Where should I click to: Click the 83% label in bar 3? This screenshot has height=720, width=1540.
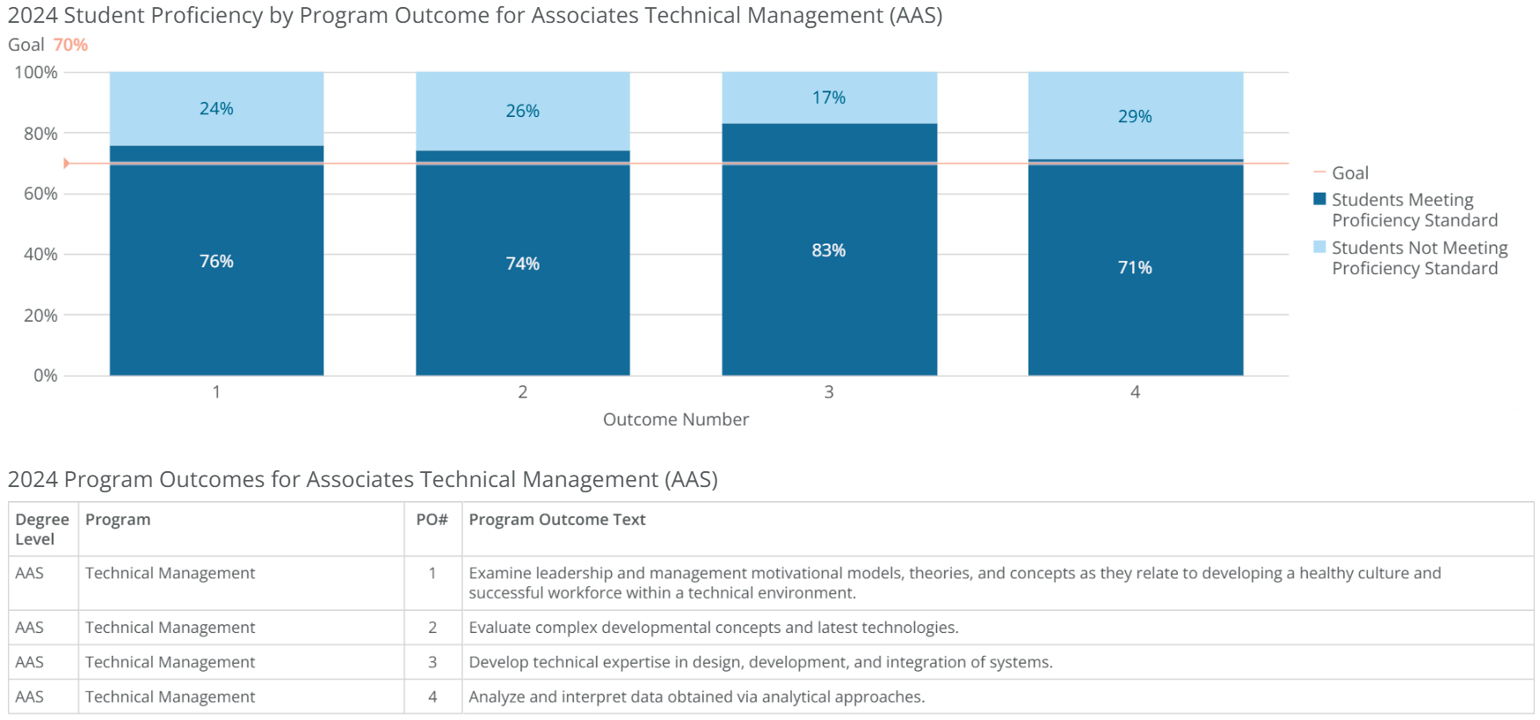pos(828,251)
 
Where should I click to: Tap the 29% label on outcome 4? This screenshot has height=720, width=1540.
pos(1135,116)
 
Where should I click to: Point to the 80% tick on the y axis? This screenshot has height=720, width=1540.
pos(40,134)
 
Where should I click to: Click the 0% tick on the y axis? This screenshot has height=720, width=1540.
pos(46,375)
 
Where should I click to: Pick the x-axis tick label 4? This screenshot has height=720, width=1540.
pos(1135,392)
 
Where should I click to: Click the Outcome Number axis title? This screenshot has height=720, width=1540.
pos(675,419)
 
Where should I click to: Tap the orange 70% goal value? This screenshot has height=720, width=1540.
pos(70,45)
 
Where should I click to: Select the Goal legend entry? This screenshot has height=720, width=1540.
pos(1349,173)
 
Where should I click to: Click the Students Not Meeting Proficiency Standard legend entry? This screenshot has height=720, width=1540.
pos(1419,258)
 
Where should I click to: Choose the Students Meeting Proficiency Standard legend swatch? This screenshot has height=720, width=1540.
pos(1319,199)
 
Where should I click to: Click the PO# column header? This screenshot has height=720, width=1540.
pos(432,520)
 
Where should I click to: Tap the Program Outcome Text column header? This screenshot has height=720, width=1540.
pos(556,520)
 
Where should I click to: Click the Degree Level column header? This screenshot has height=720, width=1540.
pos(41,529)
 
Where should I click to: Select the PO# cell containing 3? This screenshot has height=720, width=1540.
pos(432,662)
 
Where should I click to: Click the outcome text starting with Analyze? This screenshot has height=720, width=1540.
pos(696,697)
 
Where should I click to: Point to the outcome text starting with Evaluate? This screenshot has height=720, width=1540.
pos(713,628)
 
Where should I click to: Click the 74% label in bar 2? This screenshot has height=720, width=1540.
pos(522,264)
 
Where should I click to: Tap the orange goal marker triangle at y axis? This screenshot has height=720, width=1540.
pos(66,164)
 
